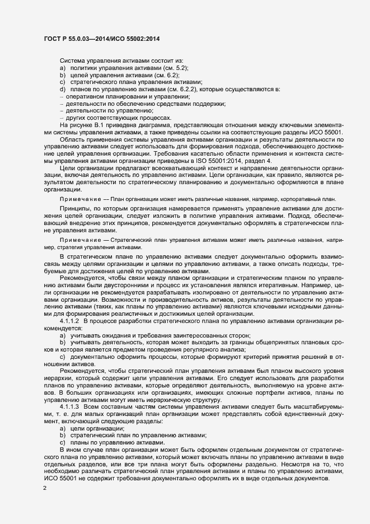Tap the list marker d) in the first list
tap(63, 90)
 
